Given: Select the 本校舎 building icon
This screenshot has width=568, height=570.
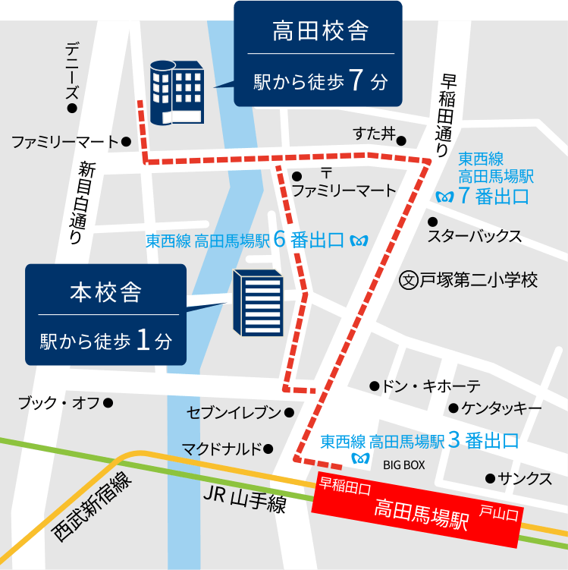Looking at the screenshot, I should (258, 303).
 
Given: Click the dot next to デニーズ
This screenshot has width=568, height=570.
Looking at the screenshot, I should (73, 109).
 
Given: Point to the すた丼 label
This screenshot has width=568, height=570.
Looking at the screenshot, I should (375, 134).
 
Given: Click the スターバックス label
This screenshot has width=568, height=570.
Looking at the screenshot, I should (475, 236).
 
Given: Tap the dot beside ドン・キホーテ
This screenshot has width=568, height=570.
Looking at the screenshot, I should (374, 386).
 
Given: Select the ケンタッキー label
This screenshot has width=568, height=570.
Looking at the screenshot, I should (501, 408).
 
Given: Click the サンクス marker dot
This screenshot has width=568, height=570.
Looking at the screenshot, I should (490, 478).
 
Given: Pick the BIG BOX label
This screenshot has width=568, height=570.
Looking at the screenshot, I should (403, 465).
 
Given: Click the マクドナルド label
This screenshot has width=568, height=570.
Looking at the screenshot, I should (221, 449).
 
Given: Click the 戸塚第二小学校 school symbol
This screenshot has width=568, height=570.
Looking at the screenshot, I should (409, 279).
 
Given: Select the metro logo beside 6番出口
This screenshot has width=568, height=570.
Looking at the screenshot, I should (360, 241).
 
